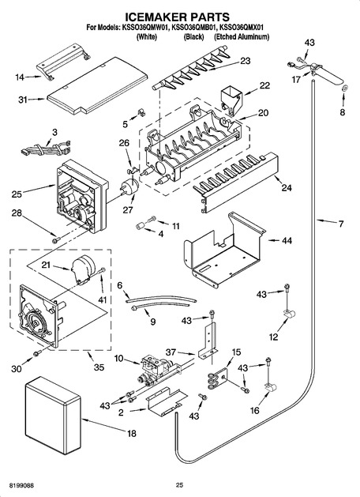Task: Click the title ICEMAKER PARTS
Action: click(177, 16)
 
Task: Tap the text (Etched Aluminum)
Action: click(242, 37)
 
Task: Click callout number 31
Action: click(23, 100)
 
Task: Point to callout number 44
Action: click(287, 240)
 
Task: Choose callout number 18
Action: click(131, 433)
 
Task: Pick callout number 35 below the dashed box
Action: click(99, 367)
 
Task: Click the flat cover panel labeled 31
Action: click(97, 86)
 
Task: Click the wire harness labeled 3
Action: click(46, 148)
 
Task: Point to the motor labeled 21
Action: click(83, 269)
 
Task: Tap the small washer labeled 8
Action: click(345, 89)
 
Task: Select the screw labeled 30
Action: click(38, 352)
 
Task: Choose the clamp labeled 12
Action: click(290, 314)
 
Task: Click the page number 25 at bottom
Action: click(179, 484)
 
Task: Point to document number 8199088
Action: click(21, 485)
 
